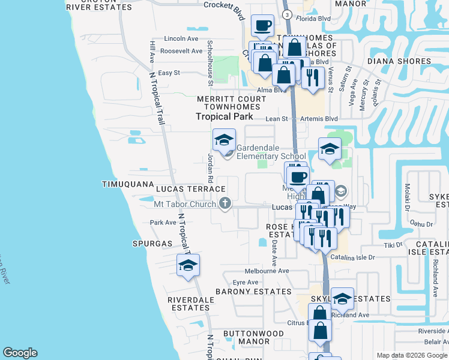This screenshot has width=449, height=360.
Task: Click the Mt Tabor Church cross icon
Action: (x=225, y=204)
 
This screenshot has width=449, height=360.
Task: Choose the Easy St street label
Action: (x=169, y=73)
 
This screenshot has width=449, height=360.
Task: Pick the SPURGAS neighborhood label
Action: (x=152, y=244)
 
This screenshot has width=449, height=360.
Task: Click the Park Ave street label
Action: (x=163, y=223)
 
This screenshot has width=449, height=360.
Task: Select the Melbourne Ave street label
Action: (x=267, y=271)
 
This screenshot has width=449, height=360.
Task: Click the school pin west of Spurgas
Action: (x=188, y=265)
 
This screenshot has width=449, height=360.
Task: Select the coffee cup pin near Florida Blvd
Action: (x=262, y=25)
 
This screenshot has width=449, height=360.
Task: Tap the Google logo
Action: (x=20, y=353)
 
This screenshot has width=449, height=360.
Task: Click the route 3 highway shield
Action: (x=288, y=14)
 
